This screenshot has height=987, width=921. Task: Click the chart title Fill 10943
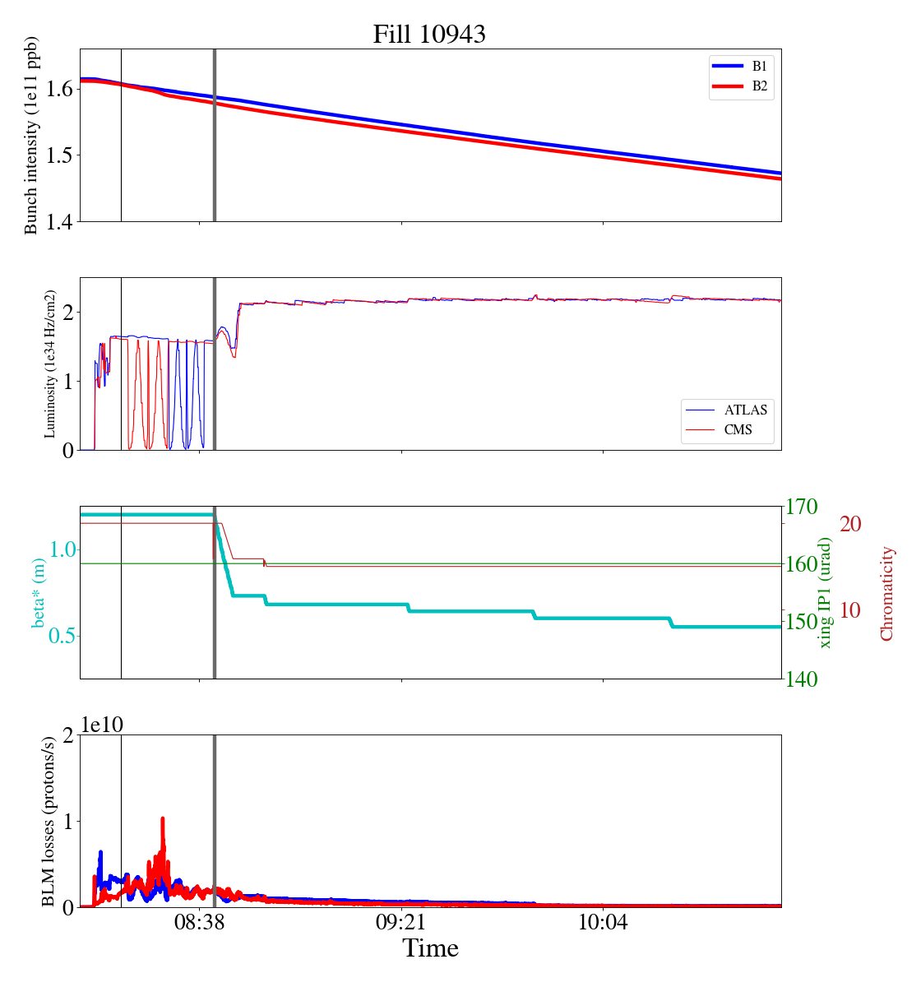point(429,35)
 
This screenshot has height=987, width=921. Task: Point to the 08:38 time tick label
point(200,923)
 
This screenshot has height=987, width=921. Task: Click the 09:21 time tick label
point(402,923)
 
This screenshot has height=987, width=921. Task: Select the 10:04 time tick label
point(604,923)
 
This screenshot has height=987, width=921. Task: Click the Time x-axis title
point(430,948)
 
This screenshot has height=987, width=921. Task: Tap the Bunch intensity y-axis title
point(31,136)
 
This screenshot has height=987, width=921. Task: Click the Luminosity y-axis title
point(50,364)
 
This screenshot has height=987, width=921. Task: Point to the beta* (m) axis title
point(38,592)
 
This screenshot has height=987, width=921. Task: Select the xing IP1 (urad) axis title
point(826,592)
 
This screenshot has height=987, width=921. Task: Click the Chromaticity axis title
point(886,592)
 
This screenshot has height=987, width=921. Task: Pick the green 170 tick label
point(803,507)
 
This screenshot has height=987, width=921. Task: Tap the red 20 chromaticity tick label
point(850,524)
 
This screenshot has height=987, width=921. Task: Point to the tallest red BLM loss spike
point(163,819)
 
